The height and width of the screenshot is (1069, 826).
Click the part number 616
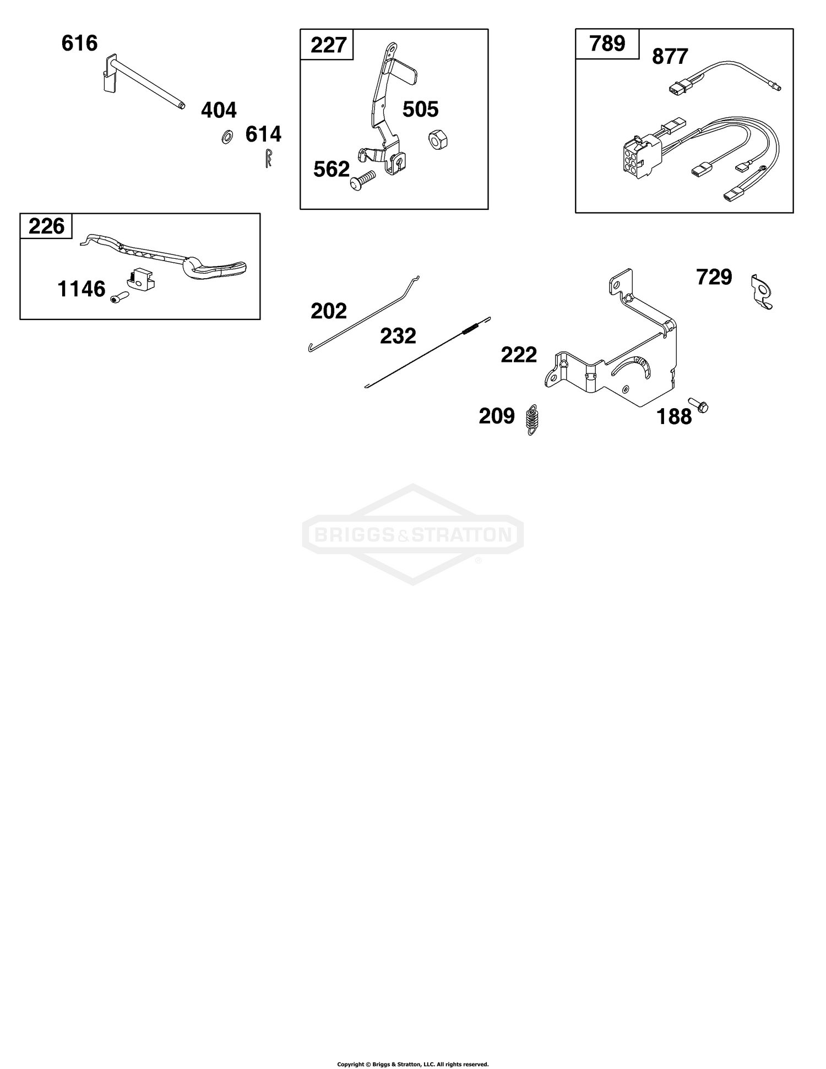point(79,43)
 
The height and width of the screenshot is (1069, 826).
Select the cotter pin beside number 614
point(268,158)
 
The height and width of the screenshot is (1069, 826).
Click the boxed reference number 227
point(328,45)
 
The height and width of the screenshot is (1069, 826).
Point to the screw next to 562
point(362,181)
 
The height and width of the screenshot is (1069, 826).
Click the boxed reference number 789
point(607,44)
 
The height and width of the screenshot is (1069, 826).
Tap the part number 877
point(670,57)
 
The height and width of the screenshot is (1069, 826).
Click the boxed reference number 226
point(46,226)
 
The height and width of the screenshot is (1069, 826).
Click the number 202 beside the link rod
point(329,311)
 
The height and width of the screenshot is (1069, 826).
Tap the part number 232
point(398,336)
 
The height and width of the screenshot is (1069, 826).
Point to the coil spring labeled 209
point(532,421)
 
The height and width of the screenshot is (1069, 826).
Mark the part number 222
point(519,355)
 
